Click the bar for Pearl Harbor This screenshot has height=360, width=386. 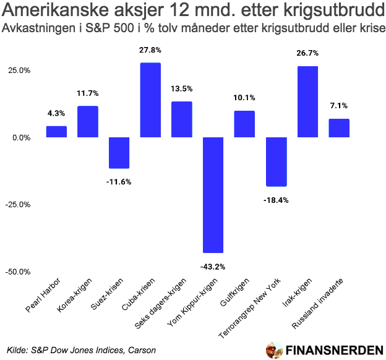click(56, 132)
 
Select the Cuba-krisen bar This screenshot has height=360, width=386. click(150, 100)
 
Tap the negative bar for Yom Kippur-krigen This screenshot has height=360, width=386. click(213, 195)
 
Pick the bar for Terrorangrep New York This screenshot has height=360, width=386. click(276, 161)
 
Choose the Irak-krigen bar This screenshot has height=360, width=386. click(307, 101)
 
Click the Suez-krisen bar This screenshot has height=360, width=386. click(119, 153)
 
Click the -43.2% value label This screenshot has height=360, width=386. click(213, 267)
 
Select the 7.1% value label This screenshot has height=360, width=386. click(339, 106)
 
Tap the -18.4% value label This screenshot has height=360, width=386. click(276, 200)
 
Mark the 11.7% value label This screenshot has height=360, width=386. click(87, 93)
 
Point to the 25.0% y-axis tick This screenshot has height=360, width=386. click(19, 71)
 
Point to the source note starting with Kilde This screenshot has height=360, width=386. click(81, 350)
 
